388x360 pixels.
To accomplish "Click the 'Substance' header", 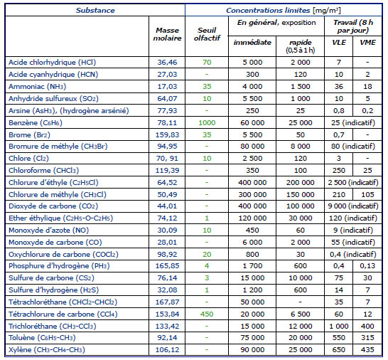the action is click(x=95, y=11).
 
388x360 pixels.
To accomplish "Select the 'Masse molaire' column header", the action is click(x=167, y=34).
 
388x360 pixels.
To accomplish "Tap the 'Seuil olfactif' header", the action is click(x=207, y=34).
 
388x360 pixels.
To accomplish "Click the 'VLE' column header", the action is click(x=339, y=43).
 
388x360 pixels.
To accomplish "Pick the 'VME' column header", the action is click(x=367, y=43).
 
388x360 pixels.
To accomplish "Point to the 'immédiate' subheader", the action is click(x=252, y=43).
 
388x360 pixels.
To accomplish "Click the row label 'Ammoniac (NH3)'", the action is click(x=38, y=87).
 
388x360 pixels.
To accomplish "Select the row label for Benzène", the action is click(x=36, y=123).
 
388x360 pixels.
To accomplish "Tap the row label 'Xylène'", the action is click(x=47, y=350).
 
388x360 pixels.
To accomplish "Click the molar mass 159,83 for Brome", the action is click(x=167, y=135).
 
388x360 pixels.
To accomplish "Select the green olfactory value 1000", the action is click(x=207, y=123).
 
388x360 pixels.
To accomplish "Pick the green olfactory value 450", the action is click(x=207, y=314).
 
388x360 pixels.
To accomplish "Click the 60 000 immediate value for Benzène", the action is click(x=252, y=123).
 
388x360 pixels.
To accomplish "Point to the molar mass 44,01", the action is click(x=167, y=206).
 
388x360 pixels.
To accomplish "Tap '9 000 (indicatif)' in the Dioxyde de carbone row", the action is click(x=353, y=206).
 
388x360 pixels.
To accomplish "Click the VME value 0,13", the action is click(x=367, y=266).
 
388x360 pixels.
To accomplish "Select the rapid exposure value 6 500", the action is click(x=300, y=314).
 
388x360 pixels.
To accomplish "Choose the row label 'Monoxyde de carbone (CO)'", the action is click(x=55, y=243).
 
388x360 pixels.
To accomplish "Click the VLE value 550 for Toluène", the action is click(x=339, y=338).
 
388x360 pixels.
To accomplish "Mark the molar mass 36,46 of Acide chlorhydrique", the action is click(x=167, y=62).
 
